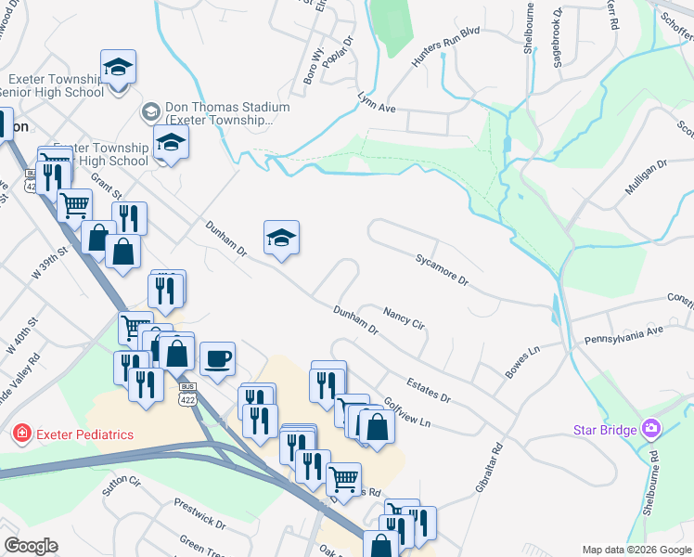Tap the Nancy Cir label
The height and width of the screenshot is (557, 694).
404,319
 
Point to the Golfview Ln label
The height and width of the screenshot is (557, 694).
408,411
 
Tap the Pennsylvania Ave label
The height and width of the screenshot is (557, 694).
623,335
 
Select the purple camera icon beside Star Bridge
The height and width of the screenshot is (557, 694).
651,429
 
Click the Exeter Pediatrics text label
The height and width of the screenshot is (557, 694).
84,434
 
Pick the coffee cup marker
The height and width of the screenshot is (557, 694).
217,358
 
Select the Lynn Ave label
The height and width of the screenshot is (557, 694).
377,102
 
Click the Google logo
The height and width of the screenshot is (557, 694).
30,546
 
